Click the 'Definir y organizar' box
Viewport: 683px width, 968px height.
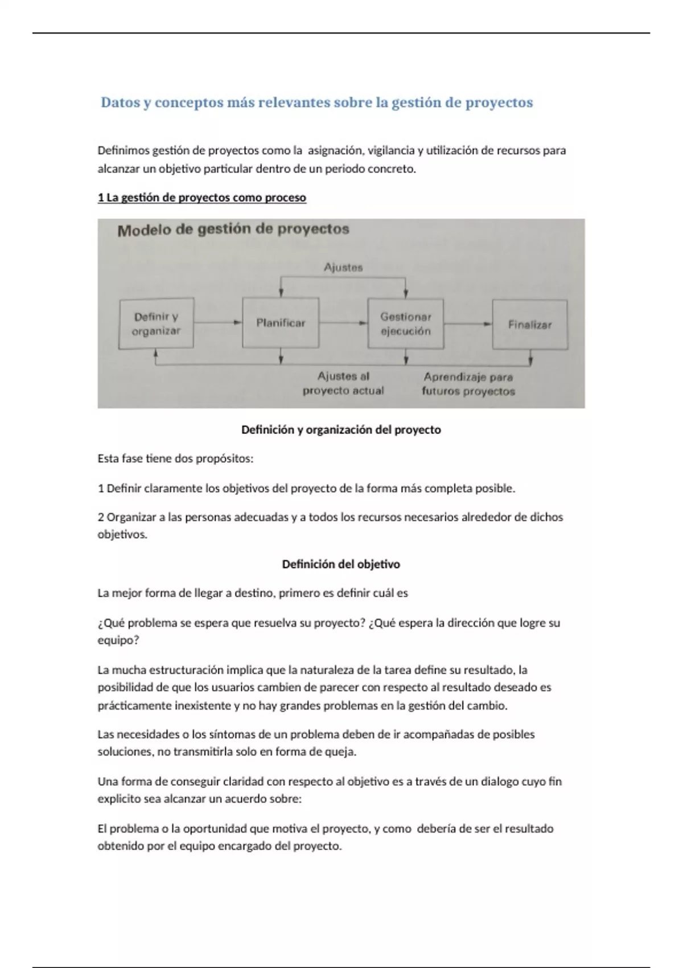[156, 323]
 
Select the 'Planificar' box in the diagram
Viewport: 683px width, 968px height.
[280, 323]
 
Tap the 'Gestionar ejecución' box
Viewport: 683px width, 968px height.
[405, 323]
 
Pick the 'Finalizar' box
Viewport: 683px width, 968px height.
[529, 325]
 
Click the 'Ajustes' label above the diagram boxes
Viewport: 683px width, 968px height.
[343, 267]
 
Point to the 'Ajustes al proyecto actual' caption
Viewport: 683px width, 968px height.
[343, 383]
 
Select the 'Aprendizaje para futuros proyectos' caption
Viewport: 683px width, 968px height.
[468, 384]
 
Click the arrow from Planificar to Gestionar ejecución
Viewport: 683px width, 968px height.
[343, 323]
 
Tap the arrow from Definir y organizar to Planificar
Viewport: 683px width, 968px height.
[217, 322]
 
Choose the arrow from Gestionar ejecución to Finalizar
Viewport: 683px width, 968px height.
[467, 325]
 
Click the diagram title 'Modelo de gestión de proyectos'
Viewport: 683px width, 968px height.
[233, 229]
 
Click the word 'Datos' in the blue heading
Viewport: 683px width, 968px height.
[120, 103]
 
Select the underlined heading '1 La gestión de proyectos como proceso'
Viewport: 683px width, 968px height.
[202, 198]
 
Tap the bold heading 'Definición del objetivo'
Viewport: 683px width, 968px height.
[341, 564]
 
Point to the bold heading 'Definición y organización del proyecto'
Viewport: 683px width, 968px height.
[341, 430]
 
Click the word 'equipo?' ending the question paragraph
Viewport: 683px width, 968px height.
[118, 640]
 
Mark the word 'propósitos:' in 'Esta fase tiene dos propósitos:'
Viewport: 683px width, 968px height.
[224, 459]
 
